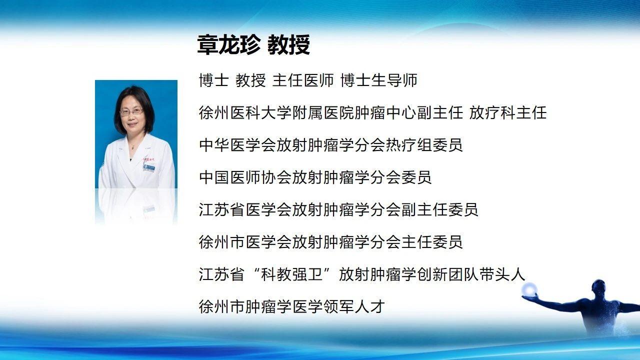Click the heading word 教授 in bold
(x=288, y=45)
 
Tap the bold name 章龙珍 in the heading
(x=229, y=45)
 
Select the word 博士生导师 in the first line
(x=379, y=80)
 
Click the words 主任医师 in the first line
(x=303, y=80)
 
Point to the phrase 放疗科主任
(x=507, y=112)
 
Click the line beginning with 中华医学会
(x=331, y=145)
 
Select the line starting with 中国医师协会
(x=315, y=177)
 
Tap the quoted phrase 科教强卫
(x=291, y=274)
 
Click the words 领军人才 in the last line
(x=354, y=306)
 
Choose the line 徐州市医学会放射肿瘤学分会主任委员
(x=331, y=242)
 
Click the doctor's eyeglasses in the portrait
(x=131, y=111)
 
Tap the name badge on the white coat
(x=148, y=167)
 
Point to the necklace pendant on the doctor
(x=132, y=147)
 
